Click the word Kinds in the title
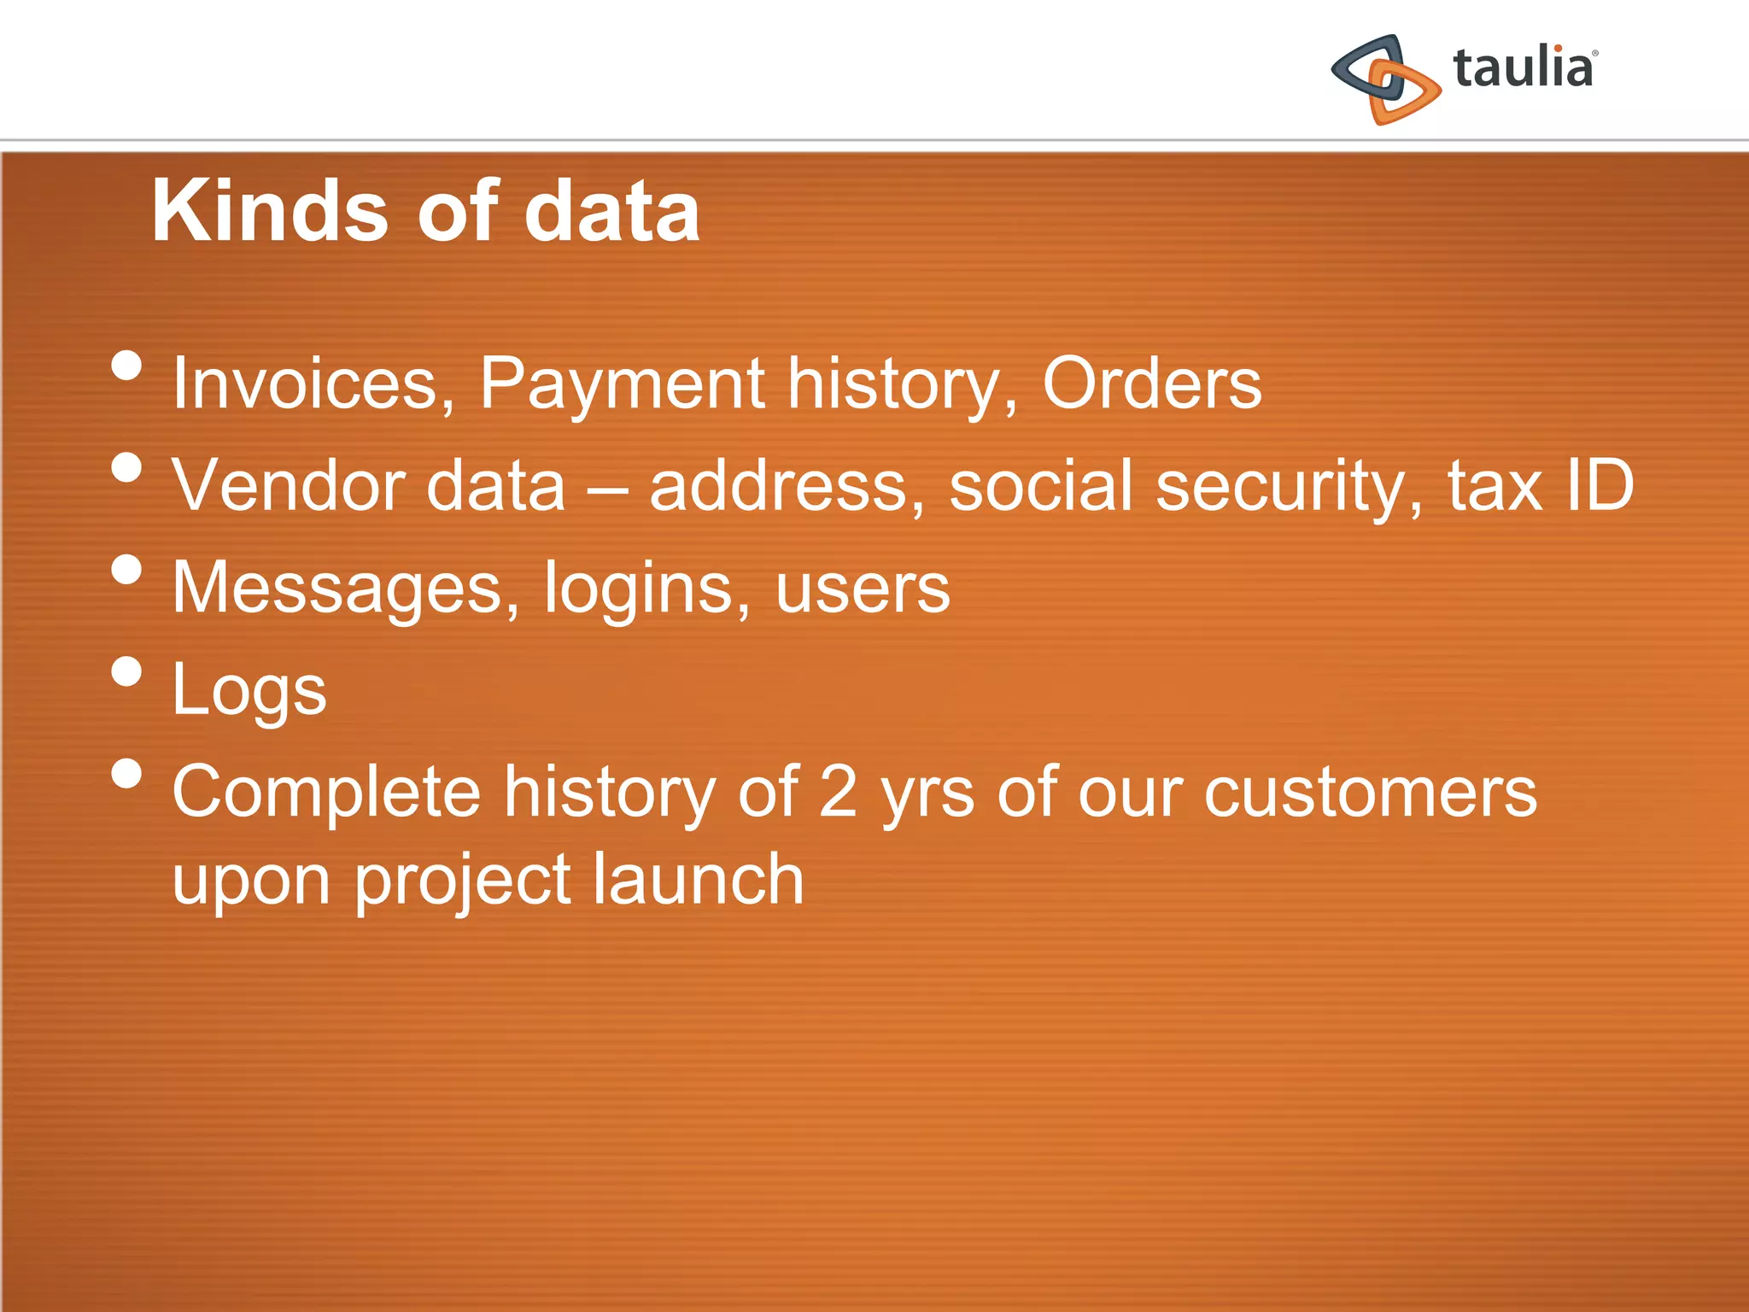pos(270,211)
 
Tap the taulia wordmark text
pos(1523,68)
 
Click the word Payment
pos(622,384)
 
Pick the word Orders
pos(1151,384)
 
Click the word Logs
pos(249,690)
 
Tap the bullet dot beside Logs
pos(126,671)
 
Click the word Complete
pos(326,793)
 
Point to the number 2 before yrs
pos(838,791)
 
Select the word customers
pos(1370,793)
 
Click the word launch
pos(698,880)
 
